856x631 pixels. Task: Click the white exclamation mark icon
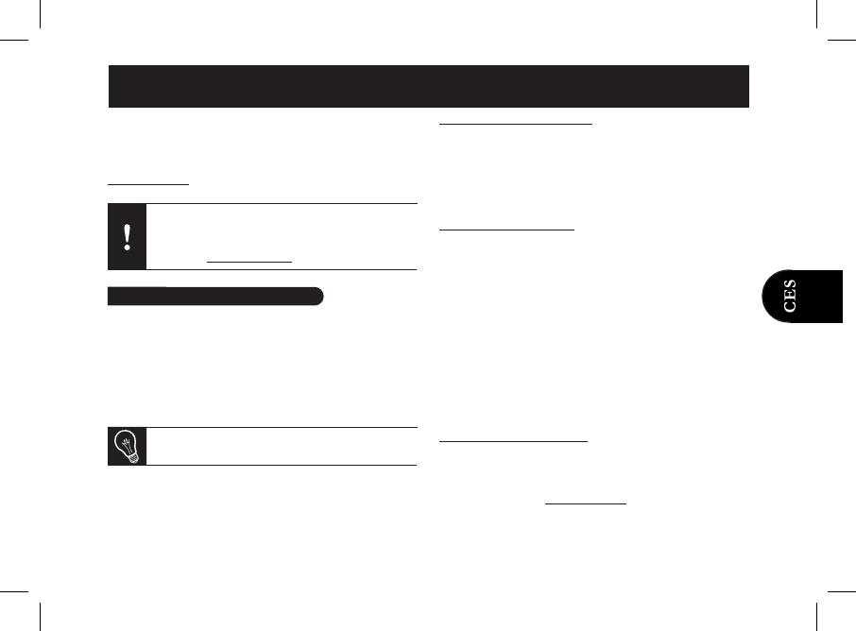point(127,237)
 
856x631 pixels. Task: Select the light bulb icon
point(127,446)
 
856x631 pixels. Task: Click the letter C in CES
point(790,306)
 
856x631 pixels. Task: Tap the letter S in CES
point(790,284)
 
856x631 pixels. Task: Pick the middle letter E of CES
point(790,295)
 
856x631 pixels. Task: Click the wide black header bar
point(428,87)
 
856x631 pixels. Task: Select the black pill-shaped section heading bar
point(214,297)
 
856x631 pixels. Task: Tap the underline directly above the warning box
point(148,184)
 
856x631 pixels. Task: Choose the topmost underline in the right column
point(516,123)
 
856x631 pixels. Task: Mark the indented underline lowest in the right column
point(586,503)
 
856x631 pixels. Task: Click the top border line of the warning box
point(262,203)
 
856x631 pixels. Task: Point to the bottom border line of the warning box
point(262,270)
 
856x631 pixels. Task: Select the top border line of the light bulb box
point(262,428)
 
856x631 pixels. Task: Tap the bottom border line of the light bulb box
point(262,465)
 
